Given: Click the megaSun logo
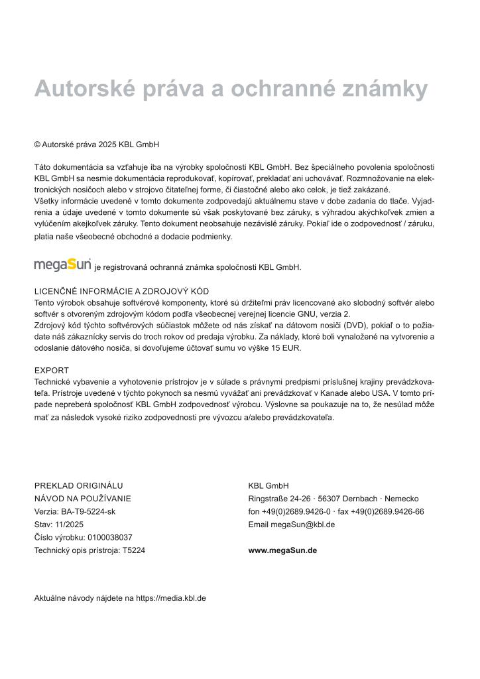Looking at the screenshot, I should (x=63, y=265).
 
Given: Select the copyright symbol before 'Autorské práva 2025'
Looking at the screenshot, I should (x=37, y=144).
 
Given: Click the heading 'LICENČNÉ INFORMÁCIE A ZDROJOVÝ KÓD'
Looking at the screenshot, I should (x=121, y=291).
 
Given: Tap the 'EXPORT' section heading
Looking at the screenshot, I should (x=52, y=370).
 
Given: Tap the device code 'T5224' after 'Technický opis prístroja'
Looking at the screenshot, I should (x=134, y=550).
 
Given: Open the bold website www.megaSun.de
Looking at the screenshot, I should (x=282, y=550).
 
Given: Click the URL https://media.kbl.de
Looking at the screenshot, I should (x=171, y=597).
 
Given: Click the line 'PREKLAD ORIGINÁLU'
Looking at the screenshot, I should (x=78, y=485).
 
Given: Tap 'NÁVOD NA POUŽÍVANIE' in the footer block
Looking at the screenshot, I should (x=82, y=499).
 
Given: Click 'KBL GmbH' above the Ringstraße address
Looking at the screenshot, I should (x=265, y=485).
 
